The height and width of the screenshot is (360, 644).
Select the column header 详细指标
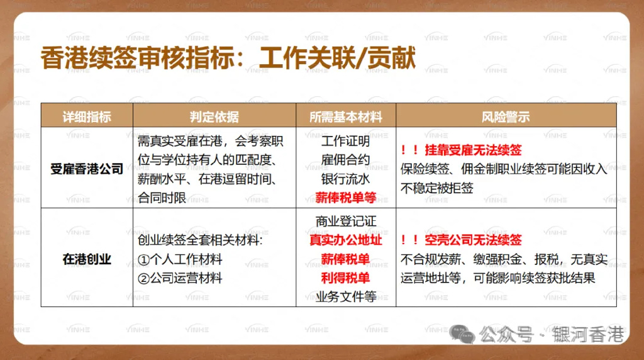click(x=87, y=117)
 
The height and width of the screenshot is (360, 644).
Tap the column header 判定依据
click(x=214, y=117)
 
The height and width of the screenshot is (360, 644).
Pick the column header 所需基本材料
click(x=345, y=117)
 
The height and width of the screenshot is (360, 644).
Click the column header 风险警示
click(x=505, y=117)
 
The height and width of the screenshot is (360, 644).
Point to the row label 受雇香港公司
click(x=87, y=169)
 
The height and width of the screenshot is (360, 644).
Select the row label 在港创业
click(x=87, y=259)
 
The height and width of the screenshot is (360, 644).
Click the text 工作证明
click(x=345, y=142)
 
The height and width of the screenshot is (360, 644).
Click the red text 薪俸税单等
click(x=345, y=197)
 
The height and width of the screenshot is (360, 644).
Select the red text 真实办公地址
click(x=345, y=240)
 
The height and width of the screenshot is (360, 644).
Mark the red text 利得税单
click(x=345, y=278)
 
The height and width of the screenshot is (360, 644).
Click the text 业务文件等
click(x=345, y=296)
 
